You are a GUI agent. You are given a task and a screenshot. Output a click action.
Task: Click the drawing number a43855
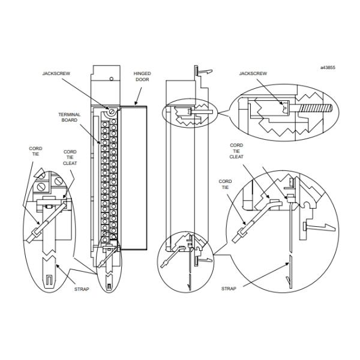tap(328, 67)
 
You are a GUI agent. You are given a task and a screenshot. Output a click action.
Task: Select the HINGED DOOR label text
tap(142, 76)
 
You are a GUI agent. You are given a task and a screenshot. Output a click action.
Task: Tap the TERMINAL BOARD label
tap(70, 117)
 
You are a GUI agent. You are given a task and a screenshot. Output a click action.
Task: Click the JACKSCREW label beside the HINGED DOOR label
tap(56, 73)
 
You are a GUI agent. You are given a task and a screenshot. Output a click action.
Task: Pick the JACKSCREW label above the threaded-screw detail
tap(253, 73)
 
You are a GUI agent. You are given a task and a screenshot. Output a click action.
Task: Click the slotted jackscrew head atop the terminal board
tap(112, 112)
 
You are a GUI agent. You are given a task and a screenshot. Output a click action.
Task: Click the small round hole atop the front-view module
tap(112, 79)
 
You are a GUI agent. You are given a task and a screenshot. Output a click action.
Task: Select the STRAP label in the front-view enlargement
tap(82, 289)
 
